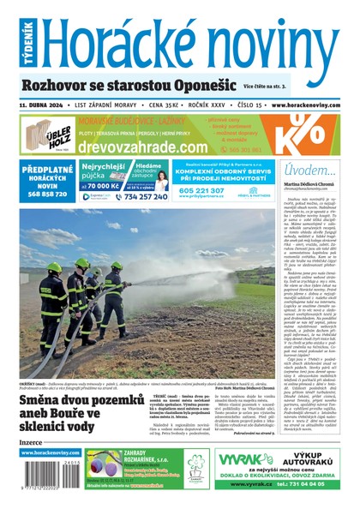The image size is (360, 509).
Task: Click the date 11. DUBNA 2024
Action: pyautogui.click(x=43, y=104)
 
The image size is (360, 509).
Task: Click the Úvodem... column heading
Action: pyautogui.click(x=309, y=171)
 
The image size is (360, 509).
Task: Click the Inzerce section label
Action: pyautogui.click(x=31, y=442)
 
